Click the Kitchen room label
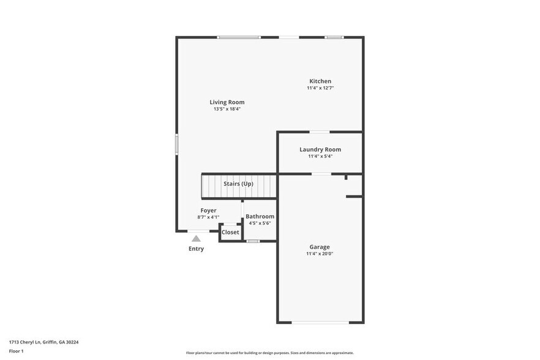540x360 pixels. [320, 81]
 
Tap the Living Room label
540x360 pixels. [227, 102]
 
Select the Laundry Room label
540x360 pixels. [320, 149]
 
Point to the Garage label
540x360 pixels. [320, 247]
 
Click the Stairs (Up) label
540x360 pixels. [238, 184]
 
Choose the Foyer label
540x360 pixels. [208, 211]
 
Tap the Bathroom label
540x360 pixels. [260, 217]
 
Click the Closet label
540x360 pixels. [230, 233]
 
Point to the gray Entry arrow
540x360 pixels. [196, 239]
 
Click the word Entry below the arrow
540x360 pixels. [196, 249]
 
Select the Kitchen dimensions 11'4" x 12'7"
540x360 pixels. [320, 88]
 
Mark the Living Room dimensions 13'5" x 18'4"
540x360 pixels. [227, 109]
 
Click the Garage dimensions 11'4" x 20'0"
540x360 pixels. [320, 253]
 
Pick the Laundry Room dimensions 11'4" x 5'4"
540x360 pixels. [320, 156]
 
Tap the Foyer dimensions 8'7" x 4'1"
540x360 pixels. [208, 217]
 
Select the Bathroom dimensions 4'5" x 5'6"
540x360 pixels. [260, 223]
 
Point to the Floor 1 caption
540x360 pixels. [17, 351]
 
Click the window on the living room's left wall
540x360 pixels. [177, 144]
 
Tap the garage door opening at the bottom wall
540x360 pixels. [320, 323]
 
